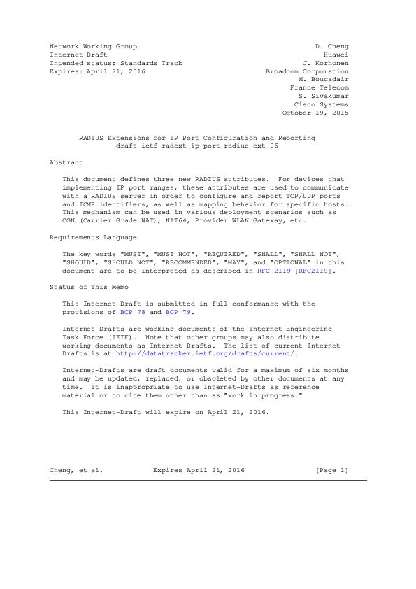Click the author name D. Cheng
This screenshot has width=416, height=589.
pos(332,46)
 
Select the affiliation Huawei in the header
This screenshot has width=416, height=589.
pos(336,55)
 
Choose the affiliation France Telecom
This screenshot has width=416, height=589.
pos(320,88)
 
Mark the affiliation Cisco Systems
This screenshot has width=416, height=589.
pos(322,105)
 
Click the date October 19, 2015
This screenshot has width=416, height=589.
pos(315,113)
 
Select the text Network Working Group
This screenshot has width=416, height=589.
pos(88,46)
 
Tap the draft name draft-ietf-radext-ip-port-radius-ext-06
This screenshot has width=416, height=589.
pos(196,146)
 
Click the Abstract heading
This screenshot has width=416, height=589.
pos(66,162)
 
